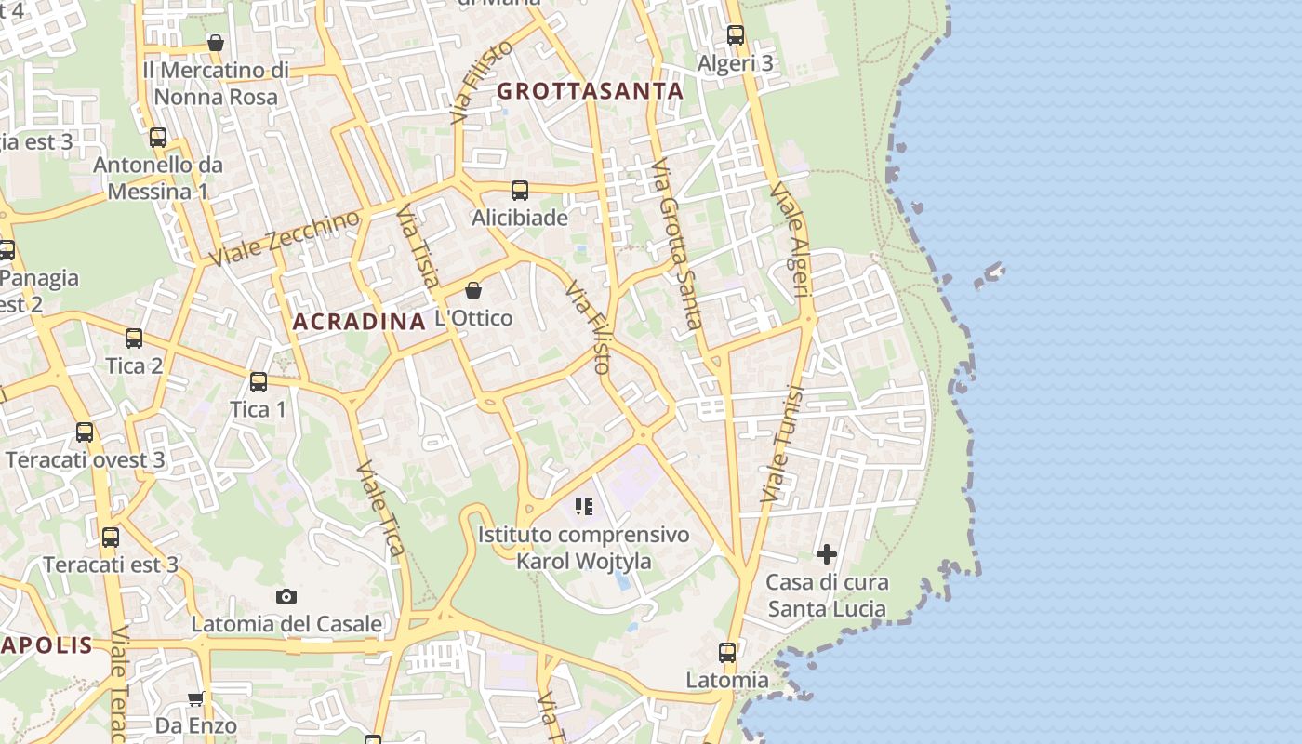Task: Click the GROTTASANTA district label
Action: [x=591, y=91]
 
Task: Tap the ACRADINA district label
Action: [x=359, y=322]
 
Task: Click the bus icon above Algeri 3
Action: [x=736, y=35]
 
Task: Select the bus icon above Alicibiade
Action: [x=520, y=191]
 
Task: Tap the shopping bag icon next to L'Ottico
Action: [x=473, y=290]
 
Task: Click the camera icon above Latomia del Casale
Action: [x=286, y=596]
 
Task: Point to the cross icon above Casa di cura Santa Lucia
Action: [x=826, y=555]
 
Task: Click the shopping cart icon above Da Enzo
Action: [x=195, y=698]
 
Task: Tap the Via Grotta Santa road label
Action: [x=676, y=246]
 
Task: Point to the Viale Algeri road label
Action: [x=792, y=240]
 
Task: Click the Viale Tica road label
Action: [x=381, y=508]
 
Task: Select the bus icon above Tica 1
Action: [x=259, y=382]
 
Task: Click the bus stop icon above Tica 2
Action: [x=134, y=339]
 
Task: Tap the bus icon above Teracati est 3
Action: [x=111, y=538]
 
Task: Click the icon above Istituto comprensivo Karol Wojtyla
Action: [x=583, y=507]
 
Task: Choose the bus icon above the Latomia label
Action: [x=727, y=653]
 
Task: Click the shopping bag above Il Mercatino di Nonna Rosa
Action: [x=216, y=43]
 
